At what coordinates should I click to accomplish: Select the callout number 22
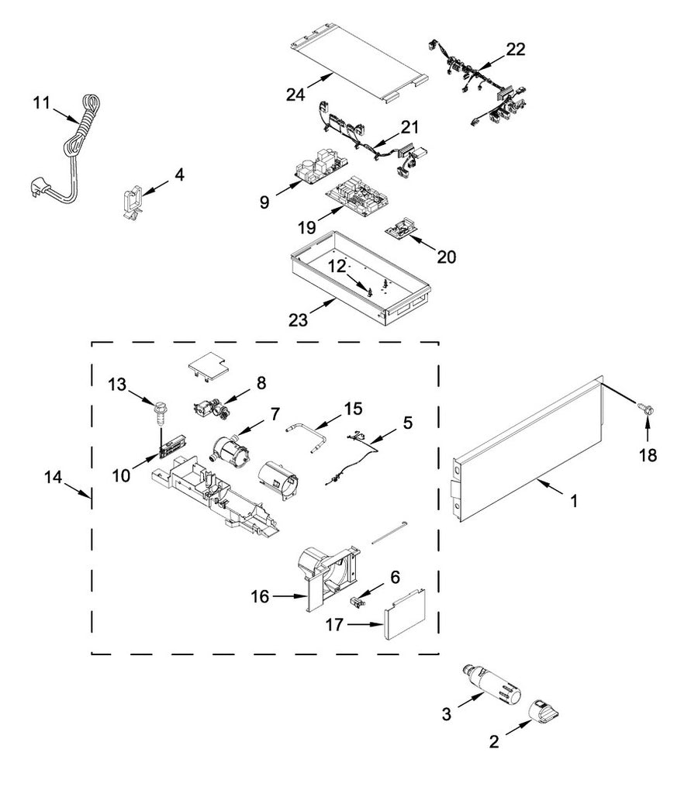pos(516,50)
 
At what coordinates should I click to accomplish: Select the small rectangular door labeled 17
pos(405,612)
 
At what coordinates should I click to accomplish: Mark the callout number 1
pos(574,501)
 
